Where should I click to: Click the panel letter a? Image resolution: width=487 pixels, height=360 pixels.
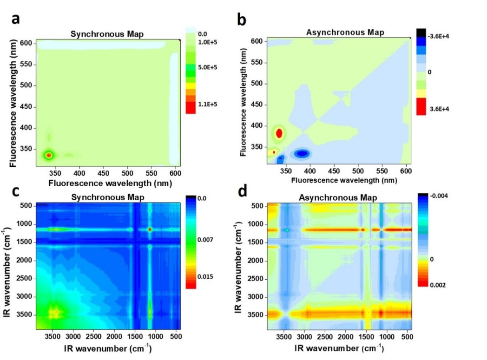pos(15,19)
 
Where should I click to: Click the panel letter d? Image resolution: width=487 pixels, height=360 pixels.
pos(242,191)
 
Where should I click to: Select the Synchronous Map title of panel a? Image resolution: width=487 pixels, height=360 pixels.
pos(107,34)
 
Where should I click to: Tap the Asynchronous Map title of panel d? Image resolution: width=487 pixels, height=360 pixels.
pos(338,198)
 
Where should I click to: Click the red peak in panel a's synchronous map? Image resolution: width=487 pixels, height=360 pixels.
pos(49,155)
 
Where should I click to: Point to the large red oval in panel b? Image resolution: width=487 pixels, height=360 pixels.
pos(279,133)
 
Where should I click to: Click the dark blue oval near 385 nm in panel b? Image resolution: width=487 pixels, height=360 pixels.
pos(303,153)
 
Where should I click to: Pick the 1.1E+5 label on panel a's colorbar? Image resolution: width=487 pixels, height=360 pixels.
pos(207,104)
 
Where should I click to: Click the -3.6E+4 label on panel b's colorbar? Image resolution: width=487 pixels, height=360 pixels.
pos(438,36)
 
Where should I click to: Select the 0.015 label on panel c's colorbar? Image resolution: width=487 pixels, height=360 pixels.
pos(205,277)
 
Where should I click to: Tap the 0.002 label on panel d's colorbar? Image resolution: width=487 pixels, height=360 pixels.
pos(438,285)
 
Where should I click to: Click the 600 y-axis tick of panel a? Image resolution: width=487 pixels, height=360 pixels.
pos(26,43)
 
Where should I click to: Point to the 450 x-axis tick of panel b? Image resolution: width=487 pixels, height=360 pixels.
pos(334,170)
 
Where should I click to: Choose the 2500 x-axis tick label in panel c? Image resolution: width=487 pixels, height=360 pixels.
pos(94,337)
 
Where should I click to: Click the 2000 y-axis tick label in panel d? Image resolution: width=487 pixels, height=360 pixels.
pos(256,261)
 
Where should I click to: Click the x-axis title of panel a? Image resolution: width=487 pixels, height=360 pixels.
pos(110,183)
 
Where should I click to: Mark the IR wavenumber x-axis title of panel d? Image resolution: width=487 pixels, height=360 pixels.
pos(339,348)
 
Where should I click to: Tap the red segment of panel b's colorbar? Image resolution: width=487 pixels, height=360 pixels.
pos(421,106)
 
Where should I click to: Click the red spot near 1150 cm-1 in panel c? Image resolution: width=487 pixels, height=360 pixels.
pos(150,229)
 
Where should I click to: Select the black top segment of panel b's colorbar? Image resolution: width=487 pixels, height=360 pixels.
pos(421,33)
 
